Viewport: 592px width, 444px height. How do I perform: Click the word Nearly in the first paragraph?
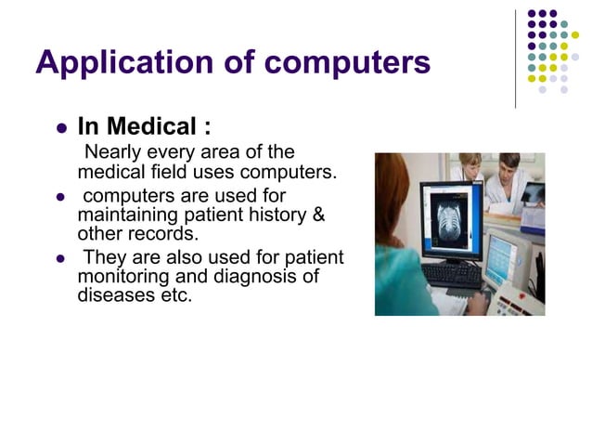coord(112,152)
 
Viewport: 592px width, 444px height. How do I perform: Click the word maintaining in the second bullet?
coord(126,215)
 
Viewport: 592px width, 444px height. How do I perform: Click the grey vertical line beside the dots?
coord(516,58)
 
